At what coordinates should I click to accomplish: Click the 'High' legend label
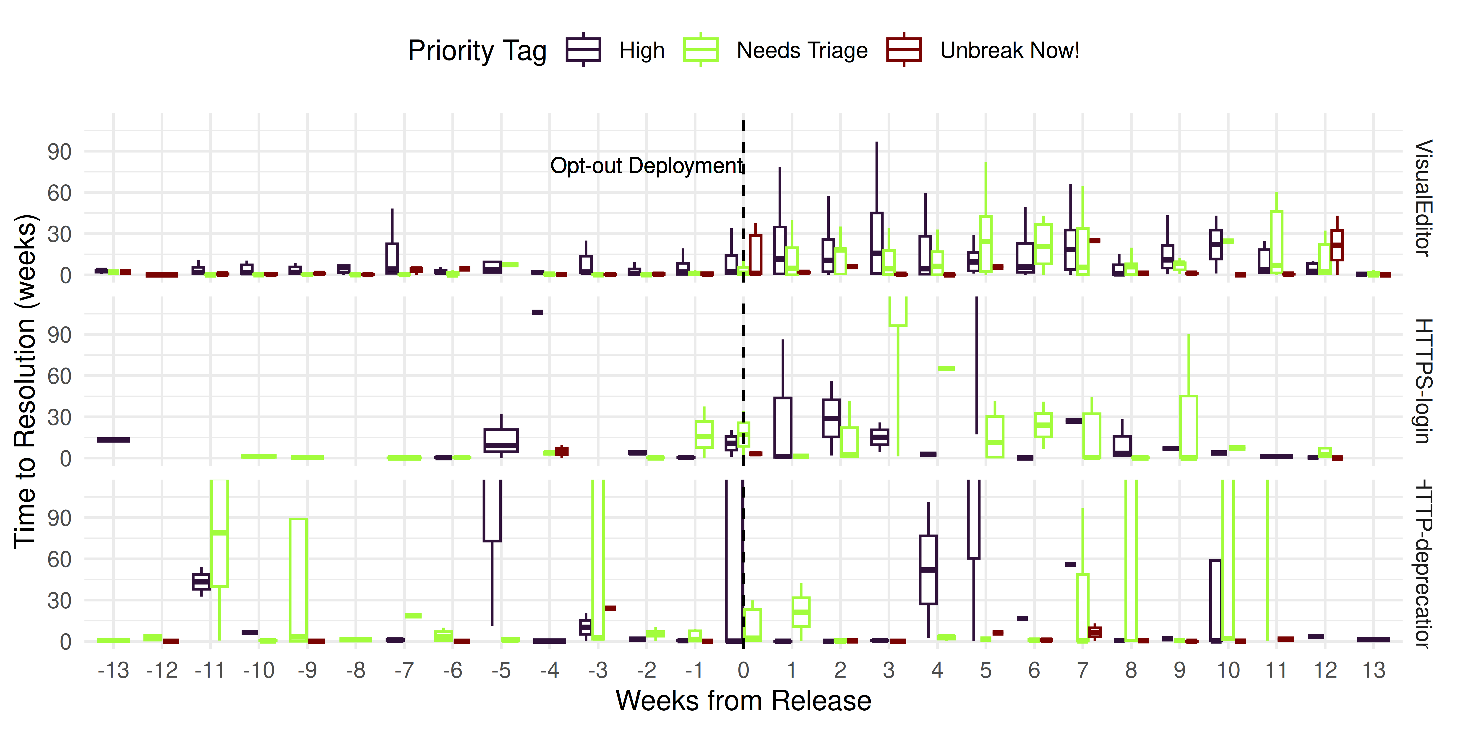[x=641, y=50]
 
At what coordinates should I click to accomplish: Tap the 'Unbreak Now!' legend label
[x=1009, y=50]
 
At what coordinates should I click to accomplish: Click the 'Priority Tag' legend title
[x=477, y=50]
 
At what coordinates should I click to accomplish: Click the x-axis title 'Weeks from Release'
[x=743, y=701]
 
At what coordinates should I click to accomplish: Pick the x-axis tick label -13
[x=113, y=670]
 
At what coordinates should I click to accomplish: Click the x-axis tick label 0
[x=743, y=670]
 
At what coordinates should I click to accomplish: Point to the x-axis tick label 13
[x=1373, y=670]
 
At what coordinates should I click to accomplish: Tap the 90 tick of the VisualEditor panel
[x=59, y=152]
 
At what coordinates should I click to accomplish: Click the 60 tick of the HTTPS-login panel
[x=59, y=376]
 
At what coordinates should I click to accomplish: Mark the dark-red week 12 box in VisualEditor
[x=1337, y=245]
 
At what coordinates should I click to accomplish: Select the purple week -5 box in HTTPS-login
[x=501, y=440]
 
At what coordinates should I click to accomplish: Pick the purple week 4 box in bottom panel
[x=928, y=570]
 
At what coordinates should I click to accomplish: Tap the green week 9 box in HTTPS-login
[x=1189, y=427]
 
